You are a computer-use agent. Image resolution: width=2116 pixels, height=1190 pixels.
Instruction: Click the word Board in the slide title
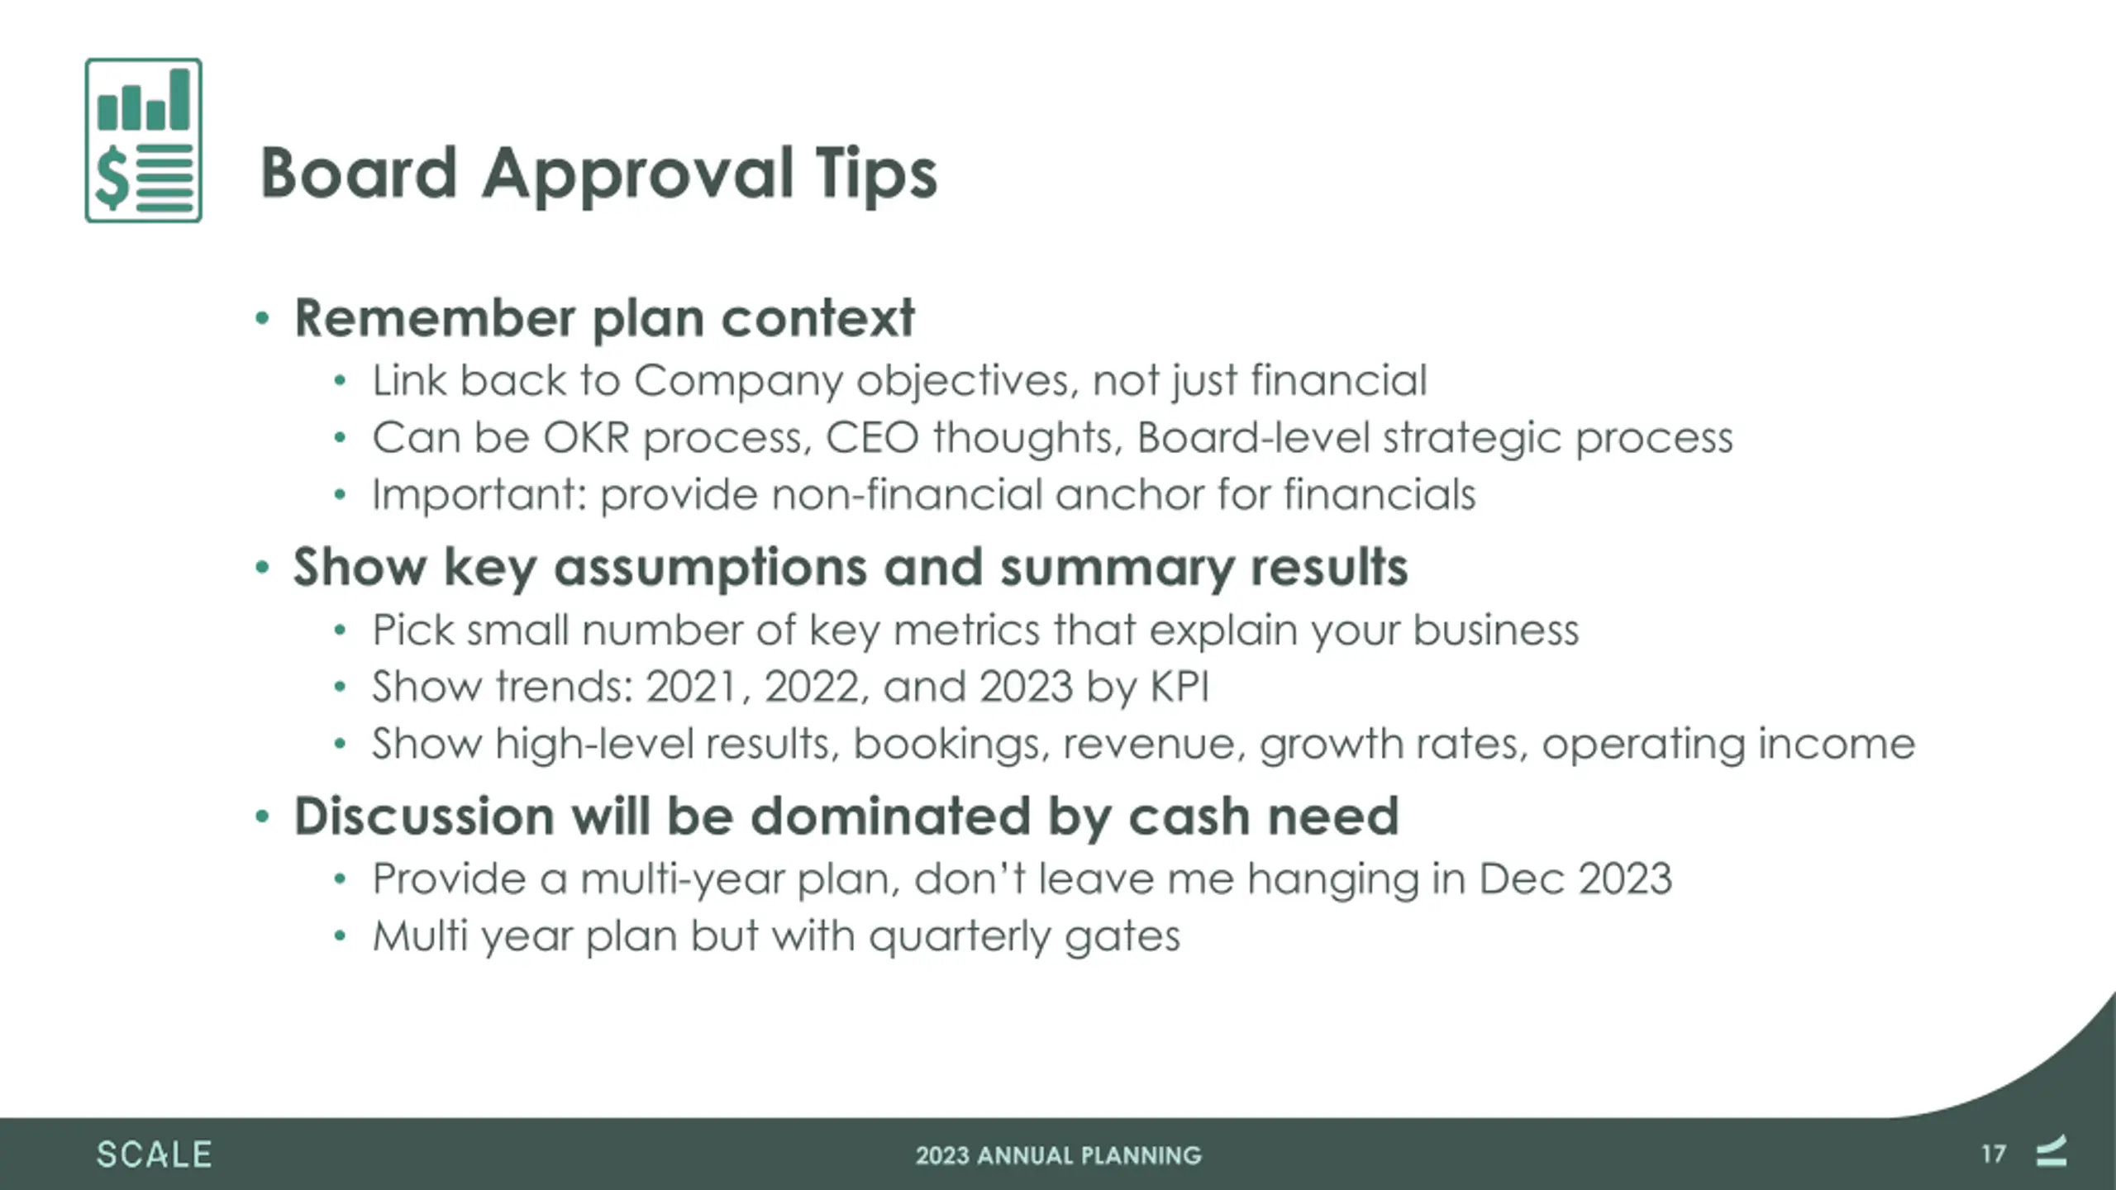click(359, 173)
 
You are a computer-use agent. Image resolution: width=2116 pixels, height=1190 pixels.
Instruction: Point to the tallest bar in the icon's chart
click(180, 98)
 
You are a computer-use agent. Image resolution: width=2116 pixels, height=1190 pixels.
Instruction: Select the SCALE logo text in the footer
click(154, 1154)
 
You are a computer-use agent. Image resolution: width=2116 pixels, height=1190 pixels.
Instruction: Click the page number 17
click(1993, 1154)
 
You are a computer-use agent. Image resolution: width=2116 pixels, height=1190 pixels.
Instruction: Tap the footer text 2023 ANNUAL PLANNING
click(1058, 1155)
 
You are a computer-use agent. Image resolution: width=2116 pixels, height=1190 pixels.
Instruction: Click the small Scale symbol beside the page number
click(2051, 1150)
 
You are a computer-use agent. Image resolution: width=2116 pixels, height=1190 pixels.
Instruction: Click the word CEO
click(872, 437)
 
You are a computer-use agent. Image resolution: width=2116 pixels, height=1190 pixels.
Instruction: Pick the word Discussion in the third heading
click(424, 816)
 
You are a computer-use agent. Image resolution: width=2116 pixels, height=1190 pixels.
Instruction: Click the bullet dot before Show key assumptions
click(263, 568)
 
